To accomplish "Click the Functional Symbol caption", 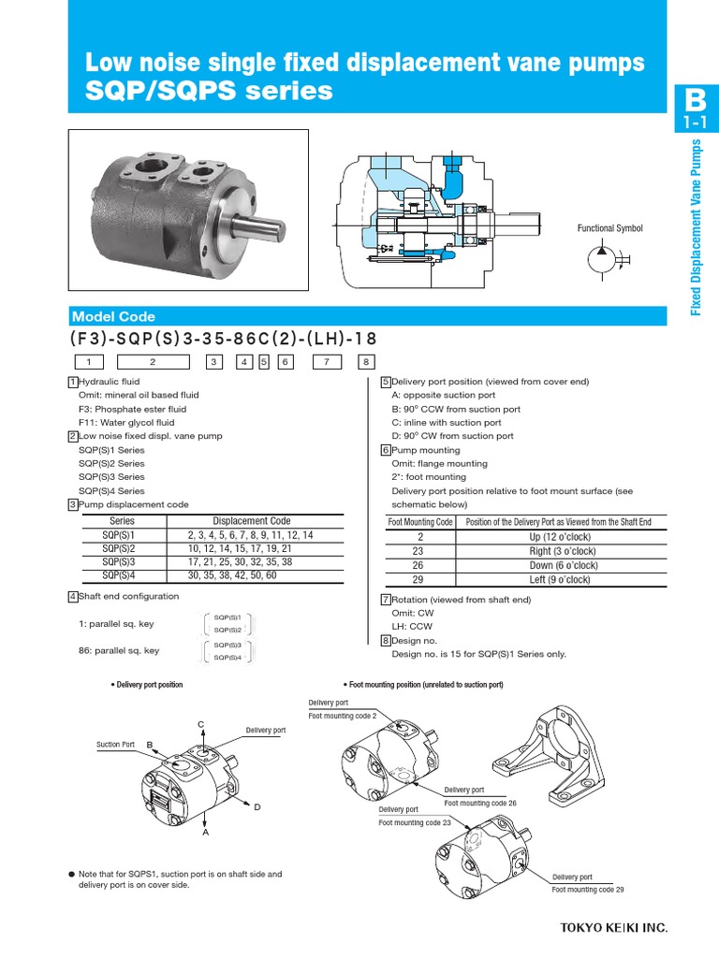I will [x=609, y=228].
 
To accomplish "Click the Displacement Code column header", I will [x=252, y=521].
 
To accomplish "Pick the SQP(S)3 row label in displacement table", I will [x=122, y=561].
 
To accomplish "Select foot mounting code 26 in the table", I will [x=420, y=566].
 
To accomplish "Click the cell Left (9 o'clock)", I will [x=561, y=580].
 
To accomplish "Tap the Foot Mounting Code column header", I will [x=420, y=522].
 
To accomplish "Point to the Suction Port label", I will [x=115, y=745].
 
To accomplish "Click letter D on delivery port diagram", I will [x=257, y=806].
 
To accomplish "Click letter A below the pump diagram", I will [x=204, y=832].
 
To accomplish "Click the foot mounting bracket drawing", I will [x=555, y=756].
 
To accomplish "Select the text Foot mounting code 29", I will [x=587, y=889].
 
